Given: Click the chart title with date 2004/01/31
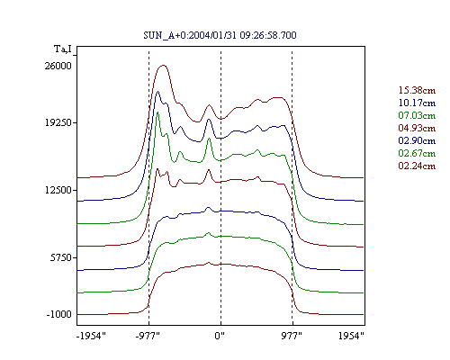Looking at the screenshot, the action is (x=220, y=35).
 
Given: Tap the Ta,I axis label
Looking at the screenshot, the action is (x=63, y=49).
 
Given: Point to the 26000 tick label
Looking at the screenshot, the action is (x=58, y=66).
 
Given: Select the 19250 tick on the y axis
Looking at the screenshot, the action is (x=58, y=122).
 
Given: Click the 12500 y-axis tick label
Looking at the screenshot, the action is (x=58, y=190).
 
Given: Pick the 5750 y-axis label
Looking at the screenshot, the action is (x=61, y=257).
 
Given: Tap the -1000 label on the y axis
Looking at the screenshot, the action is (x=59, y=314).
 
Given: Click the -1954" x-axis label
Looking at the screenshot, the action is (x=91, y=336).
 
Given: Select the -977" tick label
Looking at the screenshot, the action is (x=148, y=336).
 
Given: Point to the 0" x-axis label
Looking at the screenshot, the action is (x=220, y=336).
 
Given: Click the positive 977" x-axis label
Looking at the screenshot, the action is (x=292, y=336).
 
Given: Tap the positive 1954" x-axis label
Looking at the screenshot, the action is (x=351, y=336).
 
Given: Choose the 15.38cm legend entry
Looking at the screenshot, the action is (x=417, y=90).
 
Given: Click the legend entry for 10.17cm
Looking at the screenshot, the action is (x=417, y=103).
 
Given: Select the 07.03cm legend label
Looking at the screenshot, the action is (x=417, y=115).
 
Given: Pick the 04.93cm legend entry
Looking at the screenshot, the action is (x=417, y=128).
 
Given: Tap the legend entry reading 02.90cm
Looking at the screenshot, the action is (x=417, y=140).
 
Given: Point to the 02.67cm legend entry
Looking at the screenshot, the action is (x=417, y=153).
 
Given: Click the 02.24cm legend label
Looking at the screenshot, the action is (x=417, y=166).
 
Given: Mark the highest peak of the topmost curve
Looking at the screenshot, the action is (x=163, y=65).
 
